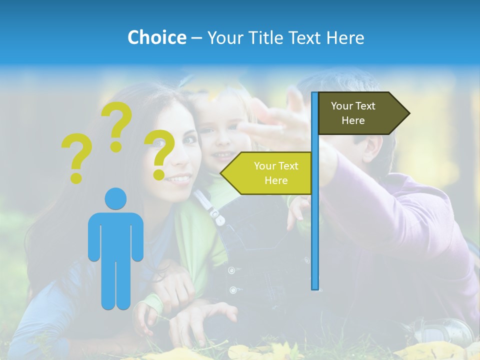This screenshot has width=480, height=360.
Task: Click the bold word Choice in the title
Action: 156,37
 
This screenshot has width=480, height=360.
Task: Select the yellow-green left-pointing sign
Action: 267,173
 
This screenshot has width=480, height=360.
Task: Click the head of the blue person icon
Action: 115,198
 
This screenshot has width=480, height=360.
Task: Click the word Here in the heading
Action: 345,37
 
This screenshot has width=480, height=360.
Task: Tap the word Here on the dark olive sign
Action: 353,120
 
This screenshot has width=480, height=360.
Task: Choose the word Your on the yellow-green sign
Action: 263,166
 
